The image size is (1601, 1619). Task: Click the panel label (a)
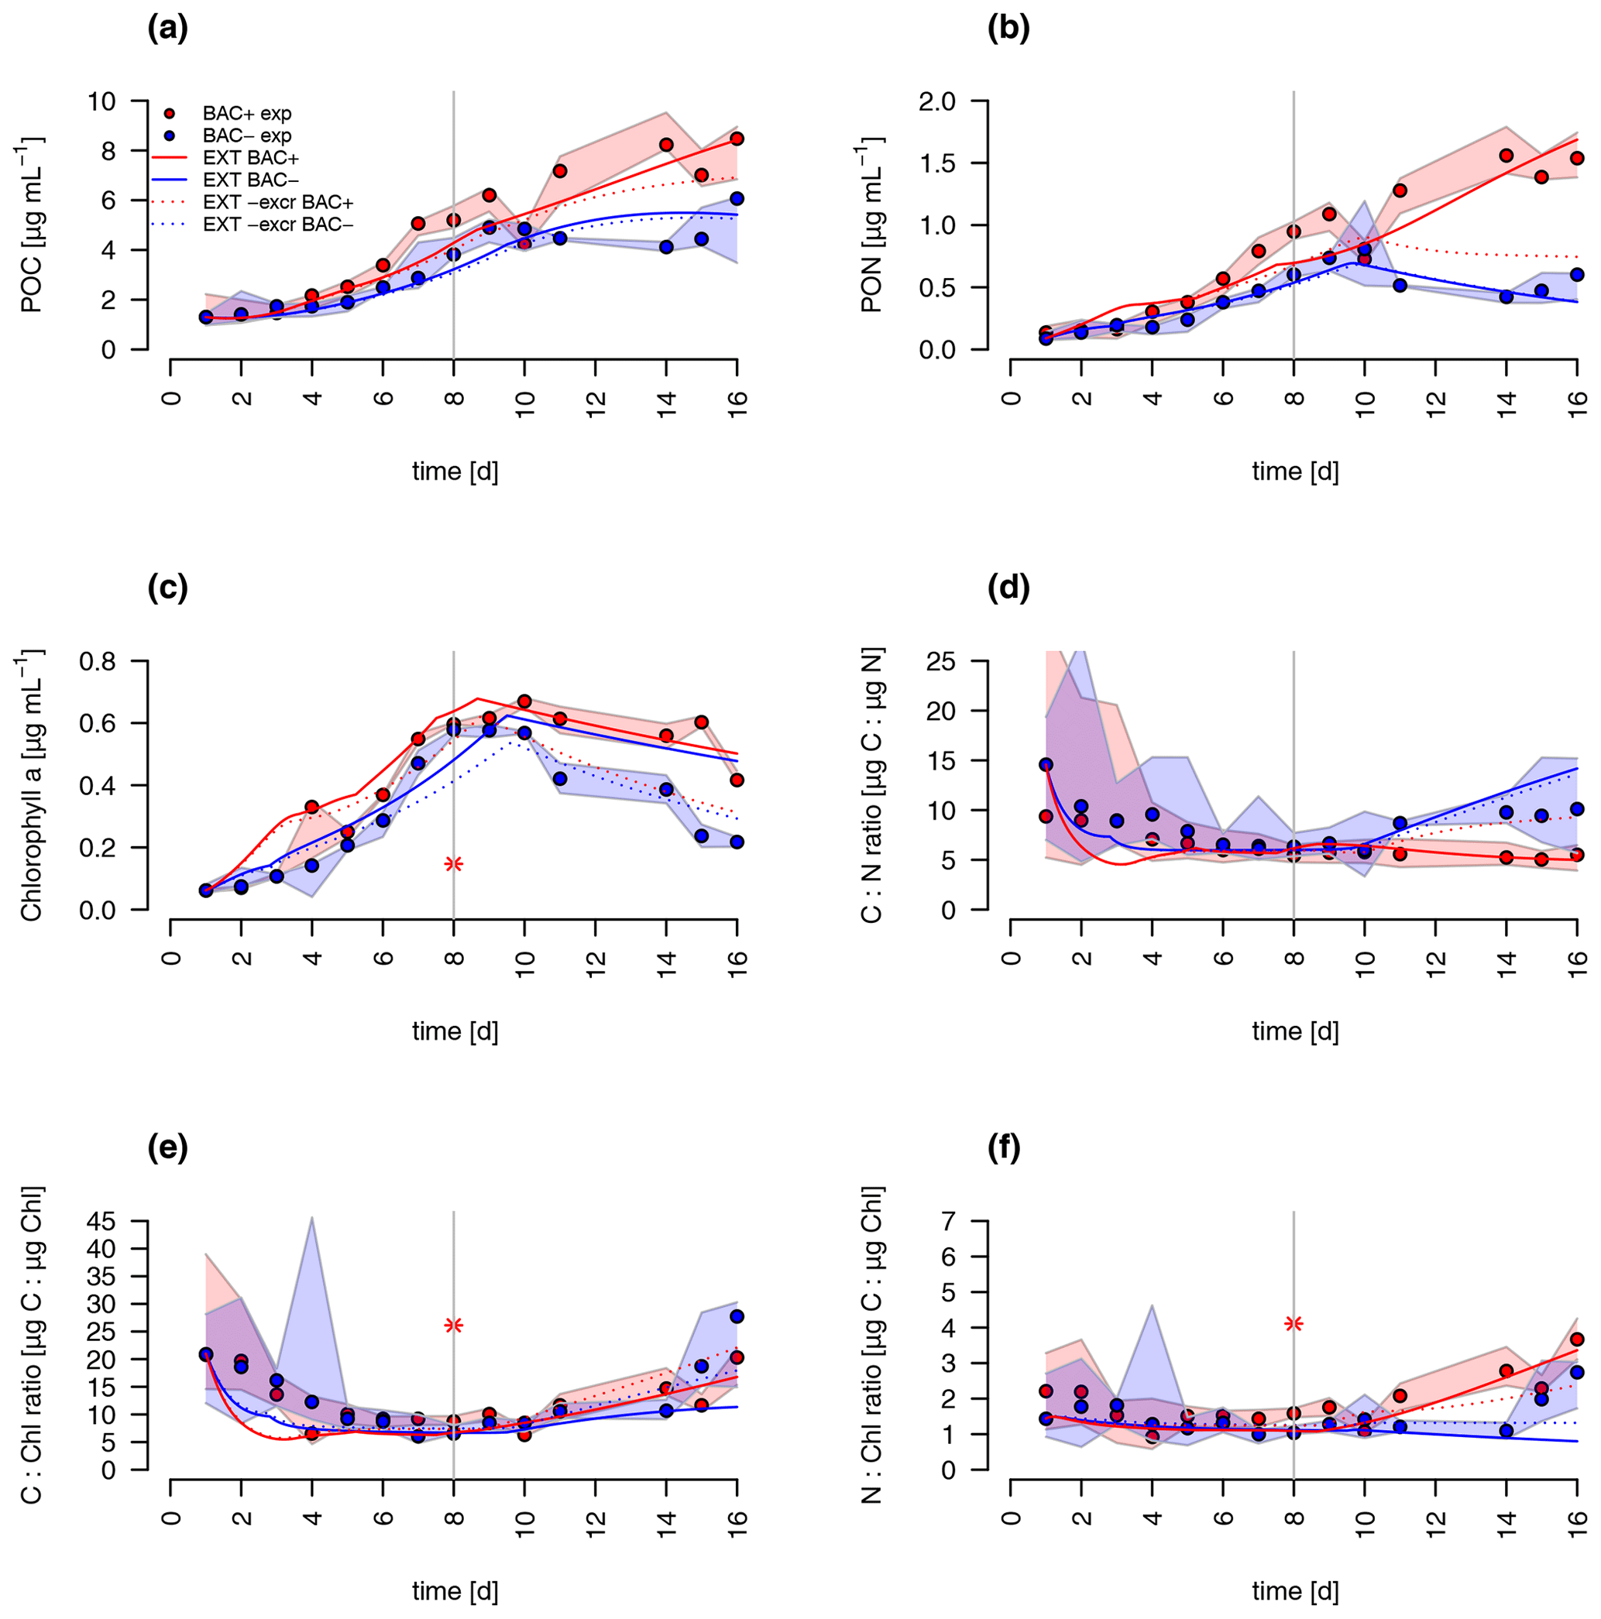[x=167, y=30]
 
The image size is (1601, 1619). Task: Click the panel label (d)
[x=1008, y=589]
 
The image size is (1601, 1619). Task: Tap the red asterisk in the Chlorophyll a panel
[x=453, y=864]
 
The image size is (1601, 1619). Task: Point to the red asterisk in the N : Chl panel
[x=1294, y=1323]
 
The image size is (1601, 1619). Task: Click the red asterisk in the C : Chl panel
[x=453, y=1325]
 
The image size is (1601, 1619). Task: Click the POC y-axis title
[x=32, y=225]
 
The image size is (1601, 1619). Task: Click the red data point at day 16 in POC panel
[x=737, y=139]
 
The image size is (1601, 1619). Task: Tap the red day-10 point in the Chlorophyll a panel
[x=524, y=701]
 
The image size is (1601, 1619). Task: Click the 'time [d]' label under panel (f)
[x=1295, y=1590]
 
